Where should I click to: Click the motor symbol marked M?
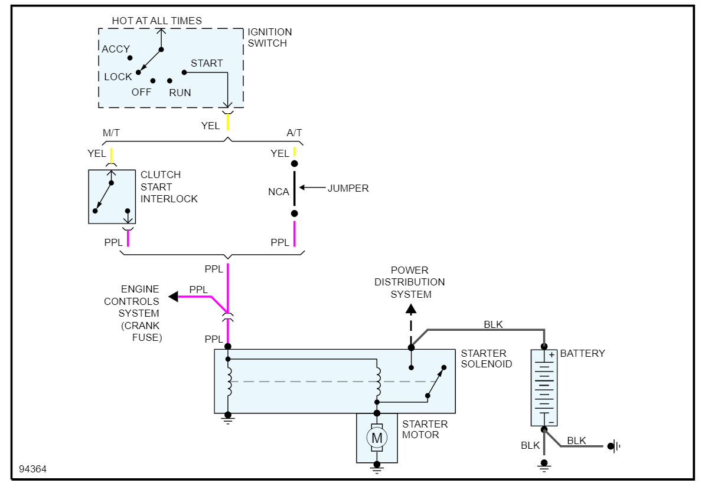coord(376,438)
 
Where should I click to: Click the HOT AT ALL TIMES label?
coord(156,21)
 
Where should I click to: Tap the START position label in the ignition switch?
coord(207,63)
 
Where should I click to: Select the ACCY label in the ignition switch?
coord(116,49)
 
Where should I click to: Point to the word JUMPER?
coord(348,188)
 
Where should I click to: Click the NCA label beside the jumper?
coord(279,192)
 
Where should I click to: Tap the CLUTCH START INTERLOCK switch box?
coord(112,196)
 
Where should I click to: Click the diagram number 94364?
coord(32,469)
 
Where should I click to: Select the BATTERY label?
coord(582,353)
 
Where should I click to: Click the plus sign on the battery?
coord(552,355)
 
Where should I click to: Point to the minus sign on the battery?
coord(551,422)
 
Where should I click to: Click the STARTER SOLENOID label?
coord(487,359)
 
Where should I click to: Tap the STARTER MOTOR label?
coord(425,429)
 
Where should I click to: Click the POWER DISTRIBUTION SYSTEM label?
coord(409,282)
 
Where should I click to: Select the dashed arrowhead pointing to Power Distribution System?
coord(411,308)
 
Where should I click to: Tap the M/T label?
coord(111,133)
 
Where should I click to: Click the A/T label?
coord(294,133)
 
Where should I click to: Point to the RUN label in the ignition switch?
coord(180,93)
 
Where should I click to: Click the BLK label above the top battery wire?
coord(493,324)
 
